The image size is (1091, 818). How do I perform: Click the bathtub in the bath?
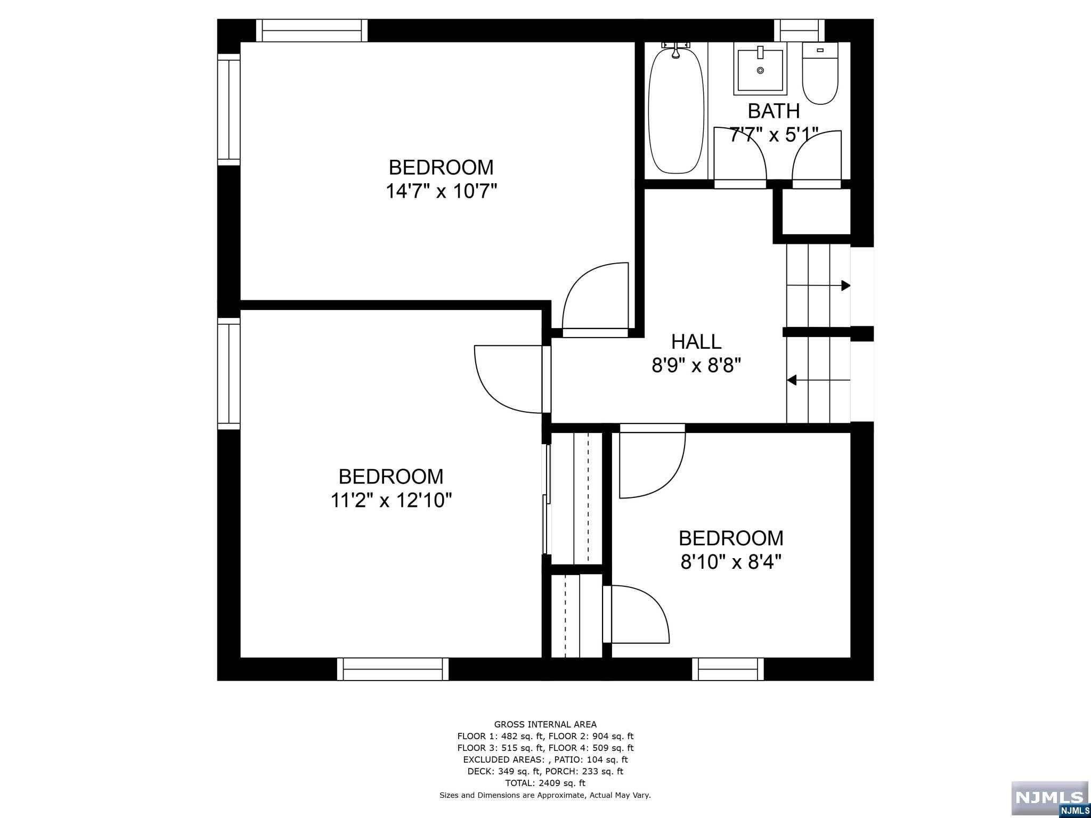pos(676,111)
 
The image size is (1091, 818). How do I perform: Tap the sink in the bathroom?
pos(760,69)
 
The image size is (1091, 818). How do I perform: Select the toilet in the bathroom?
pos(820,75)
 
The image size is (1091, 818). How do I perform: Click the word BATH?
pos(774,111)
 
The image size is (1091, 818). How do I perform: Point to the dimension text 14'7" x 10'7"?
pos(441,191)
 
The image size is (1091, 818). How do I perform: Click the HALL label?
pos(696,341)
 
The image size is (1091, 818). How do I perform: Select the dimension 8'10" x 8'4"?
pos(731,562)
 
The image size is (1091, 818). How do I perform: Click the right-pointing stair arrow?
pos(845,285)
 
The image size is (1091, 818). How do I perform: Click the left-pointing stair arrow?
pos(793,380)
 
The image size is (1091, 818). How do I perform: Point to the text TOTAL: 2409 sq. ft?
pos(545,783)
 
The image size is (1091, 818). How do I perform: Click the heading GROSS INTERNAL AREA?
pos(545,724)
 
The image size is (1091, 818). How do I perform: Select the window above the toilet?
pos(799,30)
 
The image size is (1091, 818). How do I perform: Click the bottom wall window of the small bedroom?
pos(727,669)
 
